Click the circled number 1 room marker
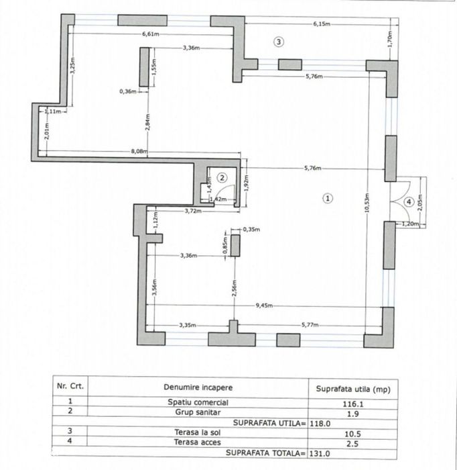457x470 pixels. (x=327, y=198)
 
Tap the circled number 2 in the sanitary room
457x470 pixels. (x=223, y=177)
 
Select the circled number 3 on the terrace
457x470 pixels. (x=279, y=42)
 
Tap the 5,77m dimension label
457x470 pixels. (x=311, y=325)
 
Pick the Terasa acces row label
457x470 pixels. (x=198, y=442)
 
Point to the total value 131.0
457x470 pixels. (x=321, y=453)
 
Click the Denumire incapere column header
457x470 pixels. (x=198, y=387)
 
